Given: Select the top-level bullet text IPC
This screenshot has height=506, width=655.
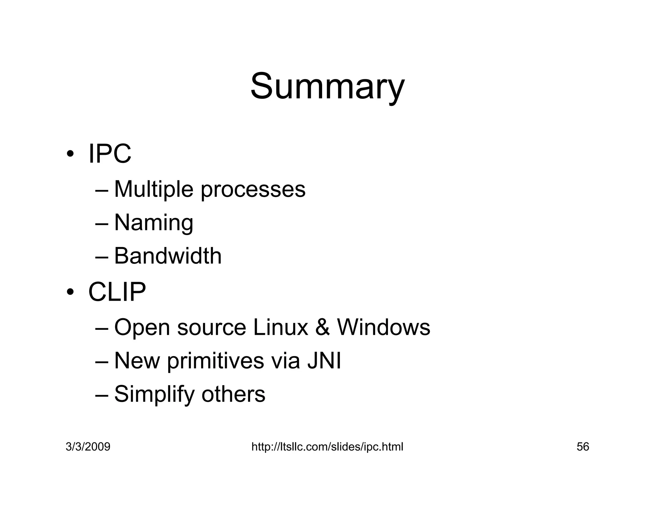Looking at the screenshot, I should (x=109, y=154).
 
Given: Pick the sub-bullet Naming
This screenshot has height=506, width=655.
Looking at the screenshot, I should (x=154, y=223).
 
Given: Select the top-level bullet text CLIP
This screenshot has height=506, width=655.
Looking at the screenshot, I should (x=117, y=292).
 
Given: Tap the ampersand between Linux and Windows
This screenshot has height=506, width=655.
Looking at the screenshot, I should (x=322, y=328).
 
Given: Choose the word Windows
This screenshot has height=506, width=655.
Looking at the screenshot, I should (x=383, y=328).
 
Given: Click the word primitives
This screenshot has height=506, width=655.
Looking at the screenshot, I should (x=215, y=361).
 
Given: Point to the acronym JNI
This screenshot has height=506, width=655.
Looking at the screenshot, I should (x=324, y=360).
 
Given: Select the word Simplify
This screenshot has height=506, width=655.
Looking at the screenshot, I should (x=154, y=394).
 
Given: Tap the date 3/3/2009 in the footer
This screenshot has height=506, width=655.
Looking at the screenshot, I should (x=88, y=447).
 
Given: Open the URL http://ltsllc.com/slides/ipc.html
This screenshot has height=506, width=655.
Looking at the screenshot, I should (x=327, y=447).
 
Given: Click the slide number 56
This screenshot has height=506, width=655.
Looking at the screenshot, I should (x=583, y=447).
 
